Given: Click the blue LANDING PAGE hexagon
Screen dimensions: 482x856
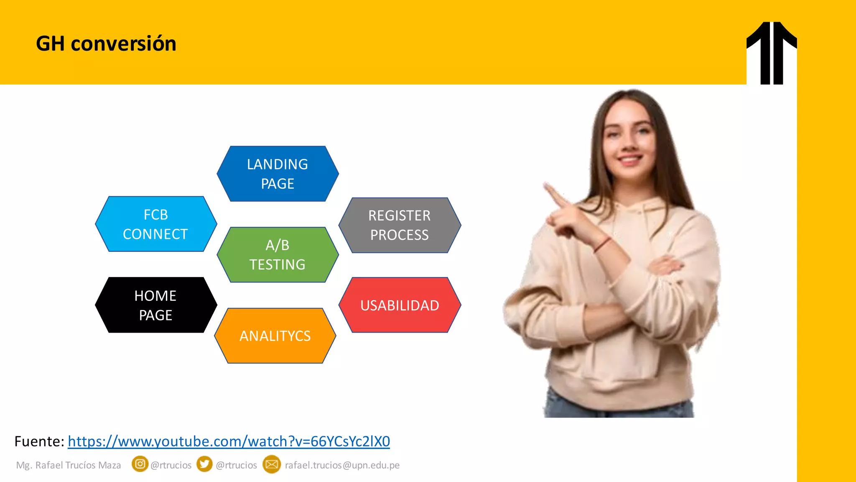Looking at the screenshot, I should (278, 174).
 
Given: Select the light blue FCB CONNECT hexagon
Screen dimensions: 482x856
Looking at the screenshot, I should (156, 224).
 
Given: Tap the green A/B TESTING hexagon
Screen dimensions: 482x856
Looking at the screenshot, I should (278, 255).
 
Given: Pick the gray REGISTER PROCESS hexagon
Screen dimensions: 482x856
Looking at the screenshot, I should (400, 225).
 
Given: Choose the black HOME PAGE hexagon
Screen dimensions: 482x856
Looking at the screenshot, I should (156, 305).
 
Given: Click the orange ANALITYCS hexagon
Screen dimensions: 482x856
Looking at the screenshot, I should (275, 336).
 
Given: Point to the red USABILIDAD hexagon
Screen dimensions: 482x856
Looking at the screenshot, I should (400, 305).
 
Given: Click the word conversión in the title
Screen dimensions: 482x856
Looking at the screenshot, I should (124, 44).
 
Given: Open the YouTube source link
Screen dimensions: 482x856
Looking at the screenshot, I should (229, 441).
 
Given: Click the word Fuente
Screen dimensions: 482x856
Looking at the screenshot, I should (39, 441).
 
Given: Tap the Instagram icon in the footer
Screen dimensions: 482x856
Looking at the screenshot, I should (140, 464).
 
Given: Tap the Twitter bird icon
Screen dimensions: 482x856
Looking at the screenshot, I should (204, 464).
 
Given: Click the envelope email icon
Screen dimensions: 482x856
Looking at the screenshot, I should (272, 464).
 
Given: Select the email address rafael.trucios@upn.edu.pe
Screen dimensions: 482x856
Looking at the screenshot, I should (342, 465).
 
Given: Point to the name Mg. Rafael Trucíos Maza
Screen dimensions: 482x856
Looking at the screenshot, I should (69, 465).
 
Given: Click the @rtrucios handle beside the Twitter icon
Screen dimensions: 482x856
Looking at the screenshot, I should (236, 465).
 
